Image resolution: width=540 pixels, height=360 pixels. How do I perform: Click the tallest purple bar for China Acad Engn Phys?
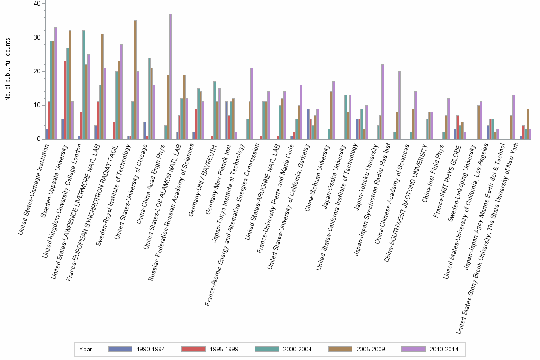170,76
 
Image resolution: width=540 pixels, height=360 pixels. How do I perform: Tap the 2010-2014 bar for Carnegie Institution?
56,83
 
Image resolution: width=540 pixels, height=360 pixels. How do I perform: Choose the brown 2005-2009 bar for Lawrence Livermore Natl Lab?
102,86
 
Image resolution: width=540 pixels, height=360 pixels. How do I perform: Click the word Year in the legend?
86,349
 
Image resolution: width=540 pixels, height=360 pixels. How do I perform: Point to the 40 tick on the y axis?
40,4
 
